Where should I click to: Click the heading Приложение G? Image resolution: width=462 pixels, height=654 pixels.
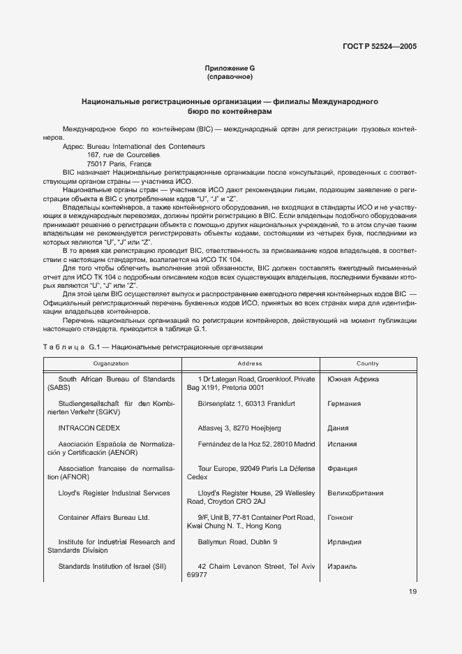click(x=230, y=68)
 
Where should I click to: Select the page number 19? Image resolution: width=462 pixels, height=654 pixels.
click(x=412, y=593)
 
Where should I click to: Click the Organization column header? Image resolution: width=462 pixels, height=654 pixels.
click(x=112, y=363)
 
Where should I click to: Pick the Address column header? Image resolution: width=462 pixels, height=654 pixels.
click(x=250, y=363)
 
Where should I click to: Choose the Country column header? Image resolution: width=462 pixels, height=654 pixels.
click(x=367, y=363)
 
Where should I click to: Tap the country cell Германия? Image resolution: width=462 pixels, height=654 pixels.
click(x=344, y=403)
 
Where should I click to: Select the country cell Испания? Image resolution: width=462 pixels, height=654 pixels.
click(x=342, y=444)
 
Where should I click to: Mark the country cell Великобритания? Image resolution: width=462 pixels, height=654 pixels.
click(x=355, y=493)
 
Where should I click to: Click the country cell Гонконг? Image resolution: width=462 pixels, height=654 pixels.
click(x=342, y=518)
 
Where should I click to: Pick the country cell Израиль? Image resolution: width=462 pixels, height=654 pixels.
click(x=342, y=566)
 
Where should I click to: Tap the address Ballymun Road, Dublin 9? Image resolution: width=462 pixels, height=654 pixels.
click(x=237, y=542)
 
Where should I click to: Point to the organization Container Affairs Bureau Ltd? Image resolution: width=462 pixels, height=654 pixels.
click(x=104, y=518)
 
